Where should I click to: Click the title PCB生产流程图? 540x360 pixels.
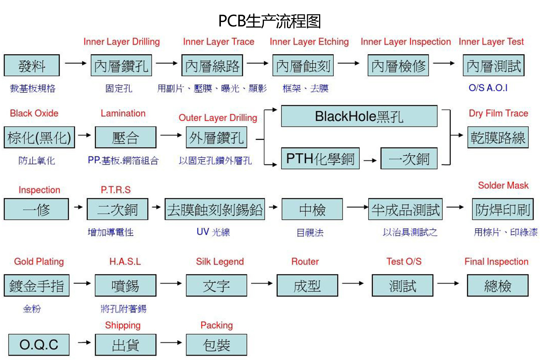click(x=270, y=21)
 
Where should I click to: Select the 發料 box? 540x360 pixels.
click(x=32, y=65)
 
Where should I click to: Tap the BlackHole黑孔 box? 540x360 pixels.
click(x=359, y=116)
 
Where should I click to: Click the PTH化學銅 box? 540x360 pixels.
click(x=320, y=158)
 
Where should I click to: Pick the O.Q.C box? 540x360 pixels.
click(x=39, y=345)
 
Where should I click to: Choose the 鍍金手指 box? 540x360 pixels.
click(x=37, y=286)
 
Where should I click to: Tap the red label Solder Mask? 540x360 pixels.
click(x=503, y=185)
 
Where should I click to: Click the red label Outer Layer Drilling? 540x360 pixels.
click(x=218, y=118)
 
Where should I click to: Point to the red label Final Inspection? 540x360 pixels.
click(x=496, y=261)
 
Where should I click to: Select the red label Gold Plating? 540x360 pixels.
click(x=39, y=261)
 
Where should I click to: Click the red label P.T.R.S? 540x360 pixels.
click(x=116, y=190)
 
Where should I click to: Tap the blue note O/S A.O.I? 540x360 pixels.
click(x=488, y=88)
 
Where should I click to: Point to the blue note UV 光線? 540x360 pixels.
click(x=213, y=232)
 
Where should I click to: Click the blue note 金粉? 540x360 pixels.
click(x=32, y=309)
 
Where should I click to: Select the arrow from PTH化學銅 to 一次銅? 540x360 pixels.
click(x=370, y=160)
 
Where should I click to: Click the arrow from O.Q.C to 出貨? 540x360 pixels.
click(x=84, y=343)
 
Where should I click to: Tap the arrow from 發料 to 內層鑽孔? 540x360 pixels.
click(x=76, y=63)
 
